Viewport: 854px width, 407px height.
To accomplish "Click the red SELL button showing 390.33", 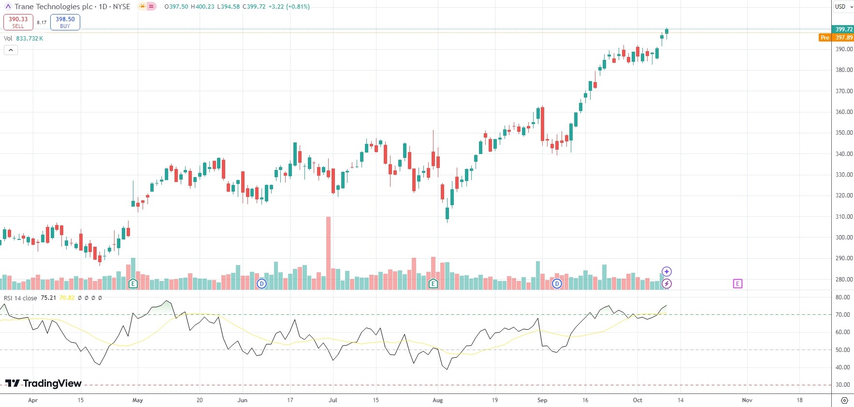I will click(18, 22).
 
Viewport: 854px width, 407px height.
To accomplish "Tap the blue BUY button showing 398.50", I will click(65, 22).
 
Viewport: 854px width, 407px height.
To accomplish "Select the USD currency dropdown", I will click(842, 7).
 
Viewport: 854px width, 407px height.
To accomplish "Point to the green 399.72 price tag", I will click(843, 29).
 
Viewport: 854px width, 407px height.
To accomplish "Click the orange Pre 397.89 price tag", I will click(837, 38).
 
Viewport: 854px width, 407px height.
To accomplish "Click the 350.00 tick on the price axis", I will click(844, 133).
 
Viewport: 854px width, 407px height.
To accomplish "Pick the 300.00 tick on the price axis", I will click(844, 238).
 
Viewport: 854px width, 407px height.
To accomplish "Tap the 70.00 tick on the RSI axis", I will click(842, 315).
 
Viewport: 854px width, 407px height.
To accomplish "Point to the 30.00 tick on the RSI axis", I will click(842, 385).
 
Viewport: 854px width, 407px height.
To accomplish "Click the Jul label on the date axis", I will click(333, 400).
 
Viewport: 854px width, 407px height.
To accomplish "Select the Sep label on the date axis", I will click(542, 400).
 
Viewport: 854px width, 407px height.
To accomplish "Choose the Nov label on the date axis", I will click(747, 400).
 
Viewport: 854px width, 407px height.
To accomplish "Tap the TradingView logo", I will click(43, 383).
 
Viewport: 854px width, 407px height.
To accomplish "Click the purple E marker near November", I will click(737, 283).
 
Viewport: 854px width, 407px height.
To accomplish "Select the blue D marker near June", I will click(261, 283).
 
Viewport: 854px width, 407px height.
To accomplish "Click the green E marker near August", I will click(433, 283).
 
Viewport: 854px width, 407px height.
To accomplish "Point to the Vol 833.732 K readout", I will click(24, 39).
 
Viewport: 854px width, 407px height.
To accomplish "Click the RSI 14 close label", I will click(20, 298).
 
